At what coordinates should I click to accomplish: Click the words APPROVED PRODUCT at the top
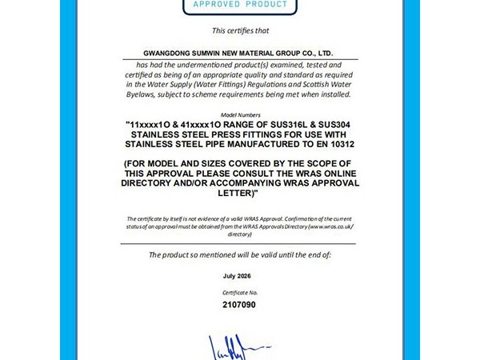coord(234,5)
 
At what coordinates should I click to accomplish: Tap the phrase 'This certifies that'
coord(239,30)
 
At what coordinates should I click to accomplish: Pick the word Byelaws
coord(142,94)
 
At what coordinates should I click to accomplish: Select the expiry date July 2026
coord(239,275)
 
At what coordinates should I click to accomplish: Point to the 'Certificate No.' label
coord(239,294)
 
